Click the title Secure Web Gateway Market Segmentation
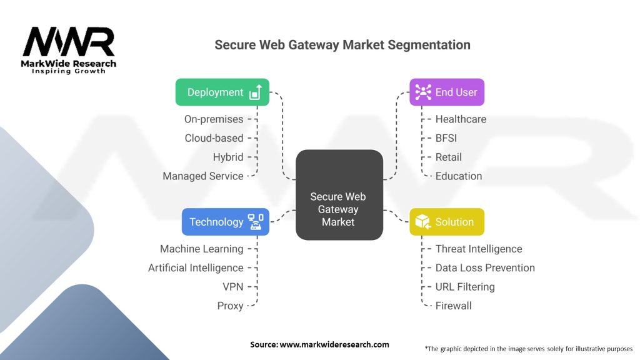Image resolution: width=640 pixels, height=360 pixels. [x=342, y=45]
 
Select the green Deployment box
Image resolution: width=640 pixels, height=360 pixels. [x=222, y=92]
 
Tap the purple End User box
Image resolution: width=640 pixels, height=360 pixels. [x=447, y=92]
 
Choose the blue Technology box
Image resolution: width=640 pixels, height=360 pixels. [x=226, y=222]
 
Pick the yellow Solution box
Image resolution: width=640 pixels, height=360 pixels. [x=447, y=222]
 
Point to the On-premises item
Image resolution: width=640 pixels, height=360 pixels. [x=213, y=119]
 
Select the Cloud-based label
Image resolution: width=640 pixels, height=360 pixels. [x=214, y=138]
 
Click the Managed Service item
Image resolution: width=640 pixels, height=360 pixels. [x=203, y=176]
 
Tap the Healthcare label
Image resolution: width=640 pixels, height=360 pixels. [x=461, y=119]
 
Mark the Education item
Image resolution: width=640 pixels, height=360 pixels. [x=459, y=176]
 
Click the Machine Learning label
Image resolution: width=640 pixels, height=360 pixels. [x=202, y=249]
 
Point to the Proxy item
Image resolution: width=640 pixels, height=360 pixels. [x=230, y=306]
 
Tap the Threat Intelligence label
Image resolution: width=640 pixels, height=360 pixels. [x=479, y=249]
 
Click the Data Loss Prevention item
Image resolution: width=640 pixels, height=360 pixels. [x=485, y=267]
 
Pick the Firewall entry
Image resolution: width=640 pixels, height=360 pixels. [x=454, y=306]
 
